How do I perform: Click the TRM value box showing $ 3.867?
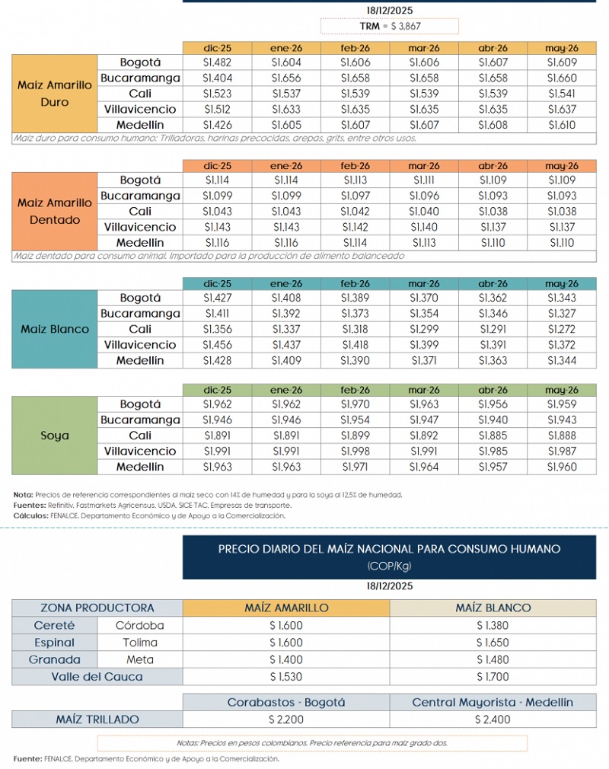click(x=390, y=27)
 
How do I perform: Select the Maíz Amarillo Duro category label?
click(x=55, y=94)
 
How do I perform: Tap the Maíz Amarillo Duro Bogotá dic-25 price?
click(x=218, y=62)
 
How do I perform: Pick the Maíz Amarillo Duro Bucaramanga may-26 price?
click(x=562, y=78)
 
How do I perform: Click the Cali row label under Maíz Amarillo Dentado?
click(x=140, y=211)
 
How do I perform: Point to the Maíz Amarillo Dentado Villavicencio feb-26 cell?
click(x=356, y=227)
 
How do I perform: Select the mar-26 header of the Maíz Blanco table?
click(x=424, y=283)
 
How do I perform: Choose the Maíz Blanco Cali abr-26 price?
click(x=493, y=330)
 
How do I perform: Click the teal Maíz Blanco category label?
click(x=55, y=330)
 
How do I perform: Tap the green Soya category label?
click(x=55, y=436)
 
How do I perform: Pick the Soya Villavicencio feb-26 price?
click(x=356, y=452)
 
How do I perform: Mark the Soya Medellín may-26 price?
click(x=562, y=467)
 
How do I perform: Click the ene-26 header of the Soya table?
click(x=286, y=390)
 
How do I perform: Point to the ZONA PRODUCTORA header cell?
click(x=97, y=608)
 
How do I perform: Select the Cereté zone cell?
click(x=54, y=625)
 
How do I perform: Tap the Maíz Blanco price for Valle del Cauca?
click(x=493, y=676)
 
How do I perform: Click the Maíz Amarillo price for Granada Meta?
click(x=286, y=659)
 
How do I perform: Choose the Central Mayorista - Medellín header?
click(x=493, y=702)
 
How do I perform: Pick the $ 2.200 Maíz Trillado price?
click(x=286, y=719)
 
